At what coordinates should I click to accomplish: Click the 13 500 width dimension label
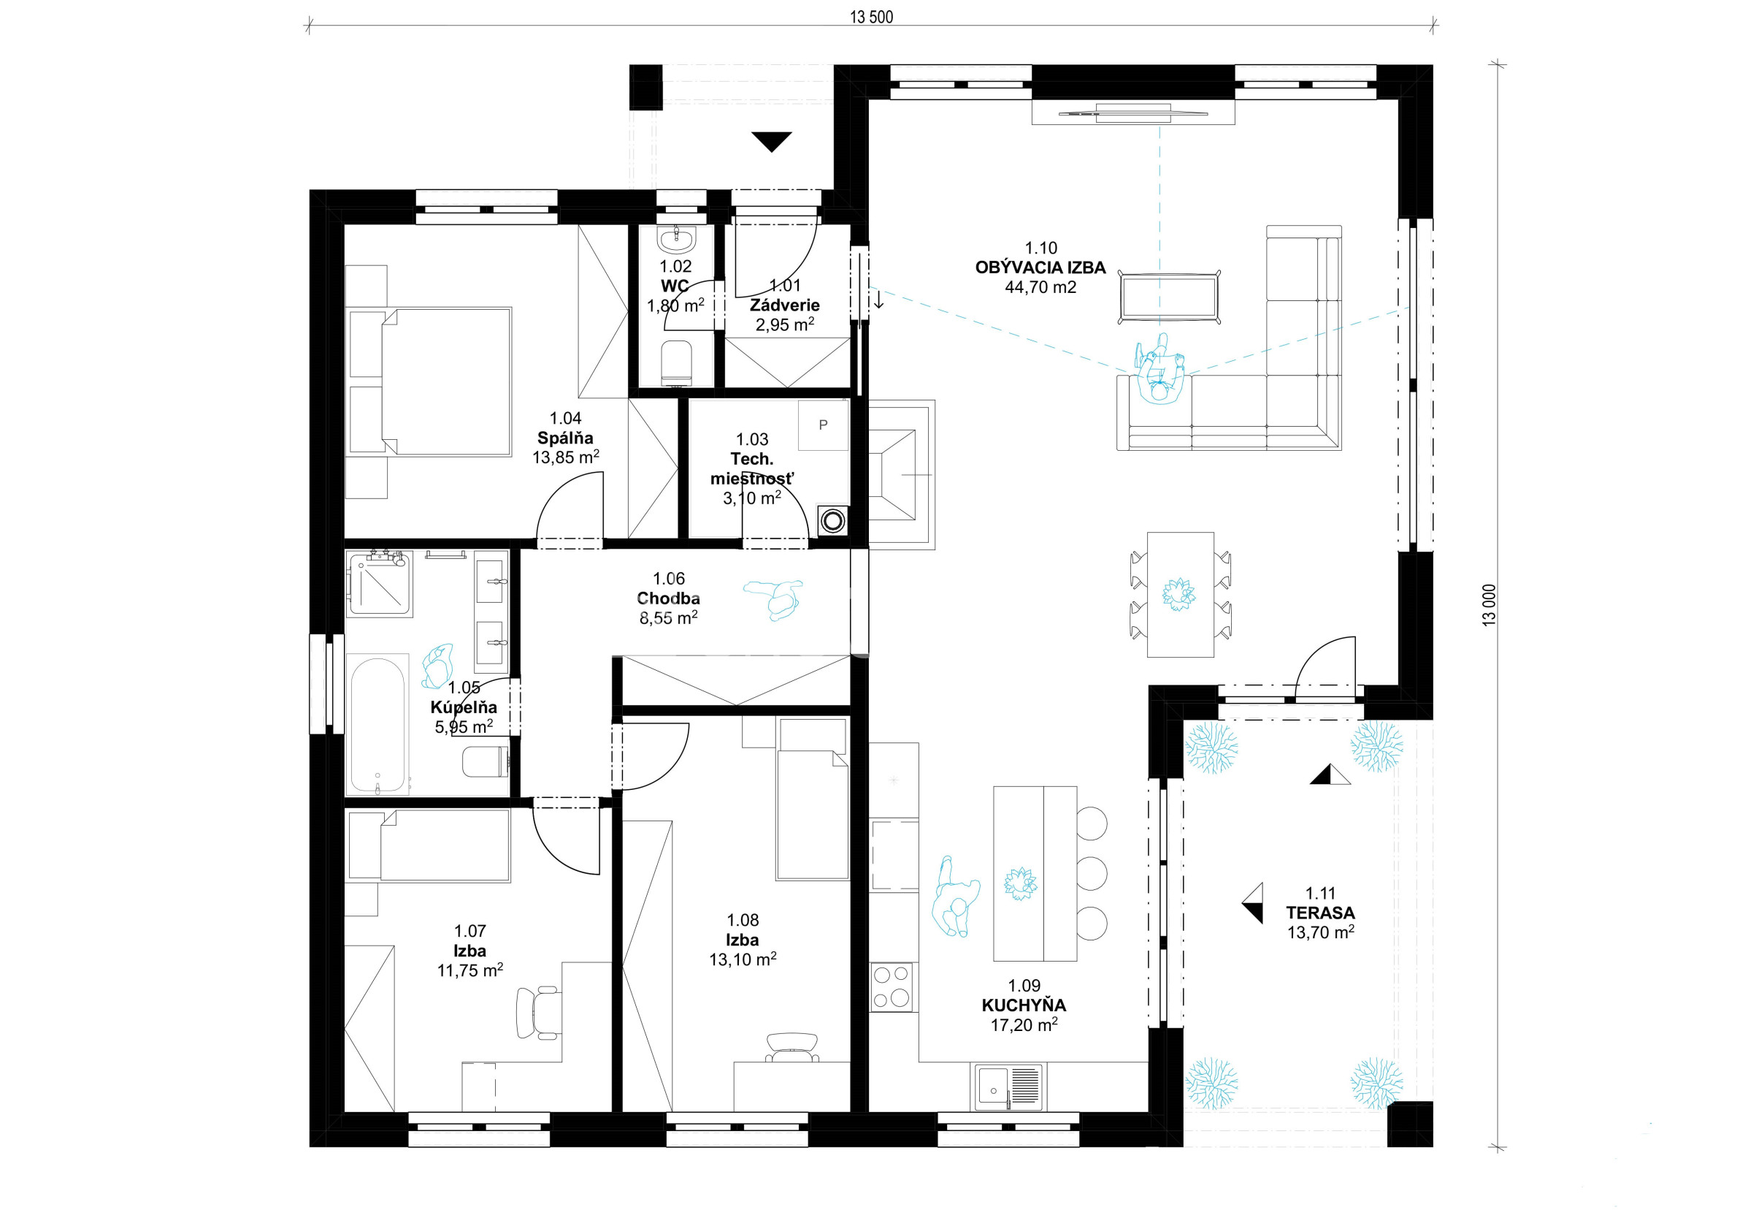click(x=871, y=17)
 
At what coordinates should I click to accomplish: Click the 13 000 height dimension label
click(x=1489, y=605)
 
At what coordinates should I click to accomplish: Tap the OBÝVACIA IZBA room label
click(x=1040, y=267)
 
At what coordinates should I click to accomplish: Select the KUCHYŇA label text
click(x=1024, y=1005)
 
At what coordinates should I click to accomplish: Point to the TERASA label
click(x=1320, y=912)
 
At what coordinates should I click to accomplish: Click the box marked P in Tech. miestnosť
click(x=823, y=425)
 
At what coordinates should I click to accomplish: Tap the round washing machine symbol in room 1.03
click(x=833, y=521)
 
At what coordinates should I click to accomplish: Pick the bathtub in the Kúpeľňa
click(x=377, y=723)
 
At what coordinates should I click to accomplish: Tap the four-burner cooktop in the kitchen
click(x=892, y=987)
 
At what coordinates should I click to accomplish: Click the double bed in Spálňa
click(x=429, y=381)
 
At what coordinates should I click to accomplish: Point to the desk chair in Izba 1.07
click(x=537, y=1012)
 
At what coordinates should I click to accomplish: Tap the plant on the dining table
click(x=1178, y=593)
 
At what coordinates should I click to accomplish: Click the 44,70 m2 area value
click(x=1040, y=287)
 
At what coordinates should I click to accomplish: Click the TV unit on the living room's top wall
click(x=1133, y=113)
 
